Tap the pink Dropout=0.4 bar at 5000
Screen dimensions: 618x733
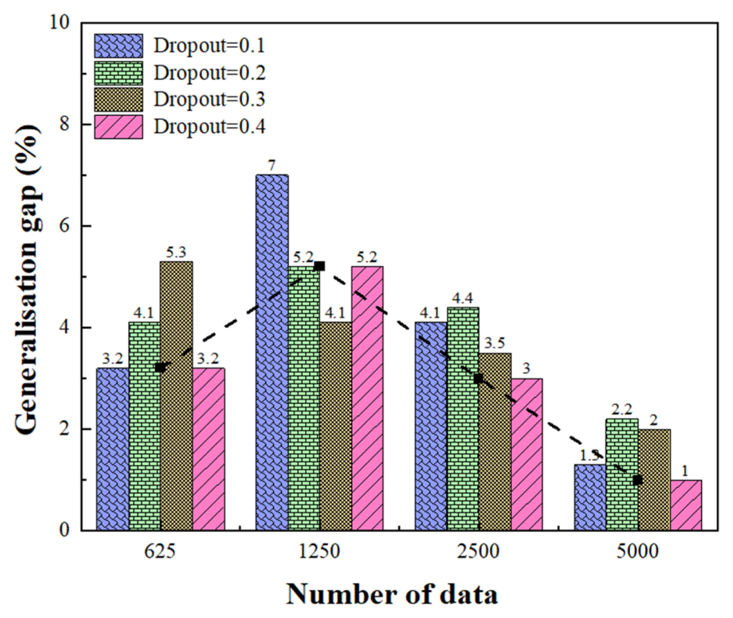pyautogui.click(x=686, y=505)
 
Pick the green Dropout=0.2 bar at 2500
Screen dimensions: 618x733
pyautogui.click(x=463, y=419)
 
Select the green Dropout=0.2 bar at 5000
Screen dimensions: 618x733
pyautogui.click(x=622, y=475)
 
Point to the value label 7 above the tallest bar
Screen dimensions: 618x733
pyautogui.click(x=272, y=166)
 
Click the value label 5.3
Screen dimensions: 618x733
pyautogui.click(x=176, y=253)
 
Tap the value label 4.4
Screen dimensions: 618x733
pyautogui.click(x=462, y=298)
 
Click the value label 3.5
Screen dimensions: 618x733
pyautogui.click(x=494, y=344)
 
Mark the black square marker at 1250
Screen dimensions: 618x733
pyautogui.click(x=319, y=266)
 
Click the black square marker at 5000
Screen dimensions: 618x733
pyautogui.click(x=637, y=480)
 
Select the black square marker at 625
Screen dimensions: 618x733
pyautogui.click(x=160, y=367)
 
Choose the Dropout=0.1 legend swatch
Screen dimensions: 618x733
pyautogui.click(x=118, y=46)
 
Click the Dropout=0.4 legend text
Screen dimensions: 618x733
pyautogui.click(x=209, y=127)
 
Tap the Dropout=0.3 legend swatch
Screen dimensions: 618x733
pyautogui.click(x=118, y=99)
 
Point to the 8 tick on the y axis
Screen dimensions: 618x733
pyautogui.click(x=65, y=124)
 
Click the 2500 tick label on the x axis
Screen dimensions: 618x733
pyautogui.click(x=478, y=551)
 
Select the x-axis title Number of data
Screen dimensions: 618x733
pyautogui.click(x=392, y=595)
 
